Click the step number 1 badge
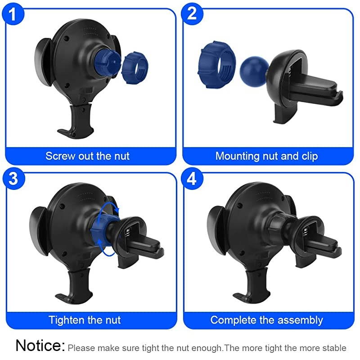(14, 14)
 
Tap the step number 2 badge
(191, 14)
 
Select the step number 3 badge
(14, 179)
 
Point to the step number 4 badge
(191, 179)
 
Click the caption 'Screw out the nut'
(87, 156)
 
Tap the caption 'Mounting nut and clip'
(266, 156)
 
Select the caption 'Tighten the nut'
(85, 320)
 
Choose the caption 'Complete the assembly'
(266, 320)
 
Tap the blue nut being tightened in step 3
(101, 225)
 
